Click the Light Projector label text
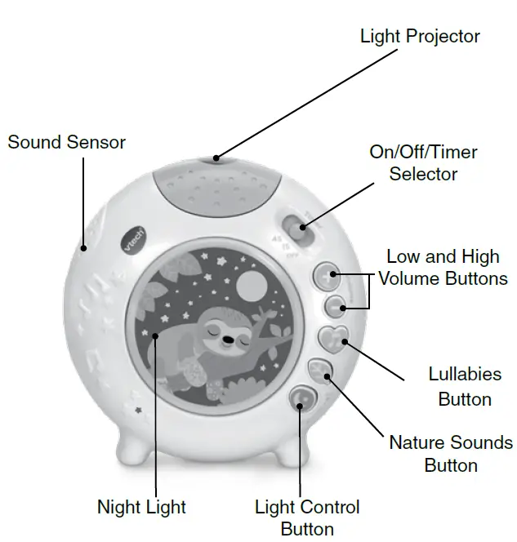point(420,37)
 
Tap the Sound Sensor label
point(66,142)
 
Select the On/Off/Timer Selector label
point(423,162)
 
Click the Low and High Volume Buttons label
point(443,268)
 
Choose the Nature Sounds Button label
point(450,454)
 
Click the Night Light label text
point(141,507)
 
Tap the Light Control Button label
point(307,518)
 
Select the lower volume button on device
point(334,306)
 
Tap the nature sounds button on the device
point(320,368)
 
